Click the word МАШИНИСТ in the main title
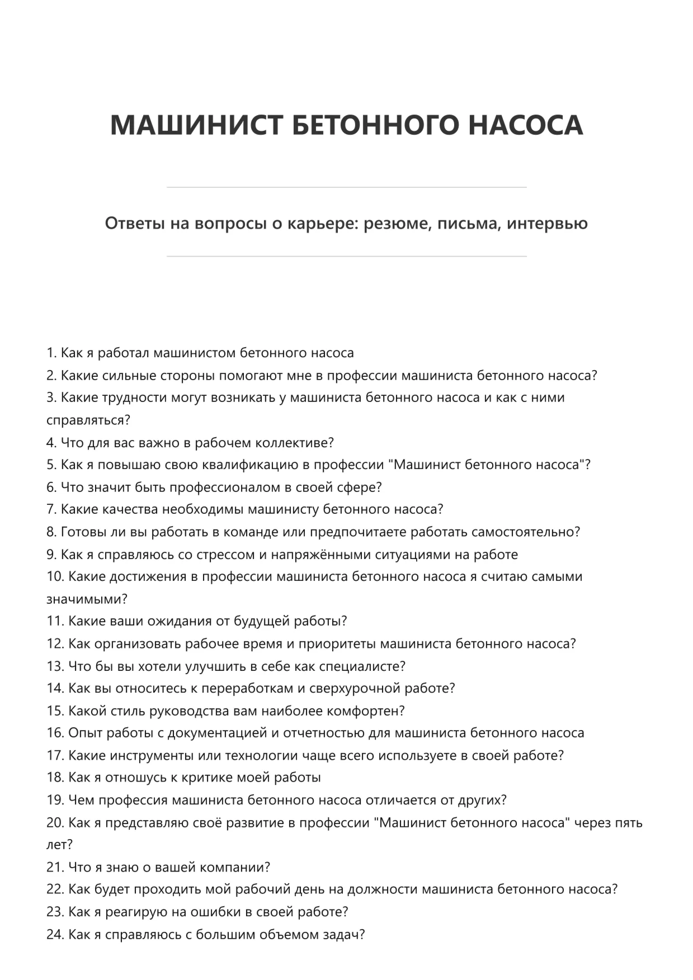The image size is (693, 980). coord(196,125)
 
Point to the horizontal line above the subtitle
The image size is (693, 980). coord(346,187)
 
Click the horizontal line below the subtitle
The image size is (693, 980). coord(346,257)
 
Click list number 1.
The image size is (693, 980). coord(51,353)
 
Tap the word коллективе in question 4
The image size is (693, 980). coord(294,443)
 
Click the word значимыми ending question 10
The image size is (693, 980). coord(86,599)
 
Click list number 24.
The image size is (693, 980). coord(55,935)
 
